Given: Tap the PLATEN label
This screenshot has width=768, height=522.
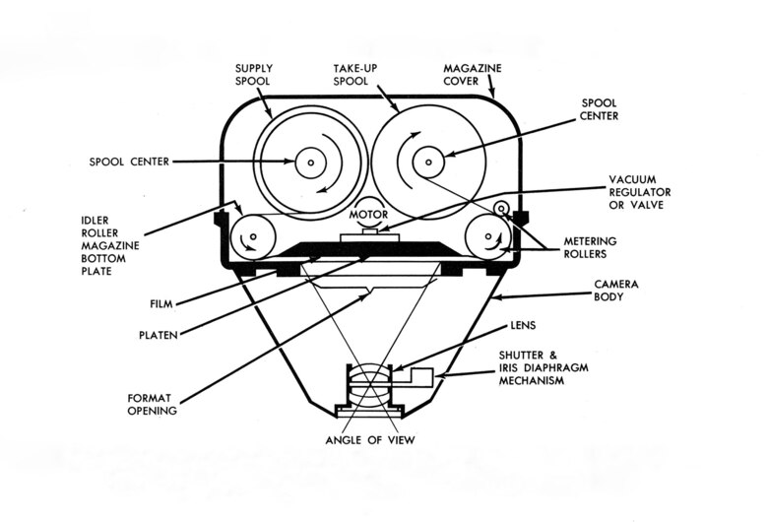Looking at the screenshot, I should pyautogui.click(x=157, y=335).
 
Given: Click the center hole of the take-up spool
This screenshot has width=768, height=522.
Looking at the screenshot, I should pyautogui.click(x=429, y=161).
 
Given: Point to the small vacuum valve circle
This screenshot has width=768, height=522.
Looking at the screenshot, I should pyautogui.click(x=502, y=209).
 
